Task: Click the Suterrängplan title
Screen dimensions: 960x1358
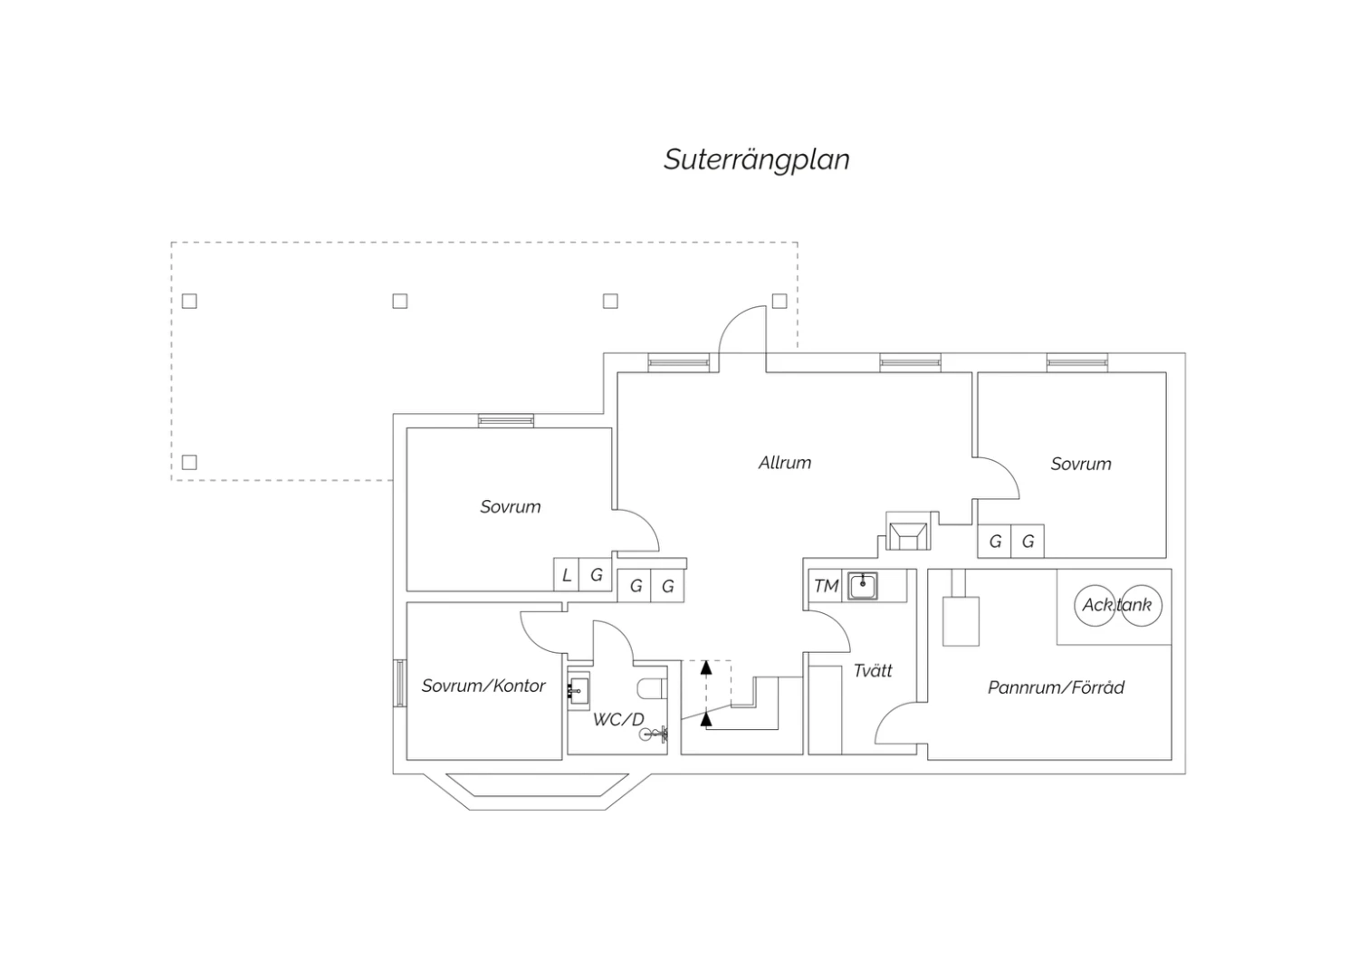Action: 756,159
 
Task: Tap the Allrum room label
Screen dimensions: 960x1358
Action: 784,463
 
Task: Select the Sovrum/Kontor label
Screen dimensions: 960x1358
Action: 483,686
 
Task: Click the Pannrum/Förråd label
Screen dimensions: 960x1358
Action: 1056,687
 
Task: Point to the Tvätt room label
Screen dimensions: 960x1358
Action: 873,670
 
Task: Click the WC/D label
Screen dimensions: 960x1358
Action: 618,720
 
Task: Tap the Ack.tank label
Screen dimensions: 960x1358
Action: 1117,605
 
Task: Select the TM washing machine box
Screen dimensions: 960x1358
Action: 826,586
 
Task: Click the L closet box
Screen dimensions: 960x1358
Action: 567,574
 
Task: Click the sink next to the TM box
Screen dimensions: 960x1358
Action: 862,586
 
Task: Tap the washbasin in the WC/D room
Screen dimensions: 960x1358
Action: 577,690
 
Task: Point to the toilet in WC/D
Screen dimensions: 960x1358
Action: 652,689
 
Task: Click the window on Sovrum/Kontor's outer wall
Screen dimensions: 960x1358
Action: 398,684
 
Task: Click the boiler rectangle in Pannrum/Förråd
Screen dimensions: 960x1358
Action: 961,620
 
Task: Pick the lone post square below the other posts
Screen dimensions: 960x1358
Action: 189,462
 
